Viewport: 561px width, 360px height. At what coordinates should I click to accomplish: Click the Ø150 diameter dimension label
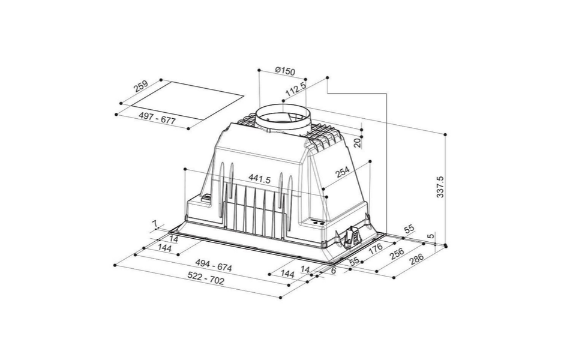tap(285, 71)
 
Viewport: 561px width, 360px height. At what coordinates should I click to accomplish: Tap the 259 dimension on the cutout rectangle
tap(140, 86)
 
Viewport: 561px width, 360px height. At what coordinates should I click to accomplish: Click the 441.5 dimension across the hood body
tap(260, 179)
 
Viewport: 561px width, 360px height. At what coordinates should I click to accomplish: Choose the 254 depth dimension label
tap(343, 172)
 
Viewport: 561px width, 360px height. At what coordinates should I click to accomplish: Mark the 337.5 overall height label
tap(440, 187)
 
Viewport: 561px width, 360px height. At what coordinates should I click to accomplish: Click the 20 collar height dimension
tap(357, 143)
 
